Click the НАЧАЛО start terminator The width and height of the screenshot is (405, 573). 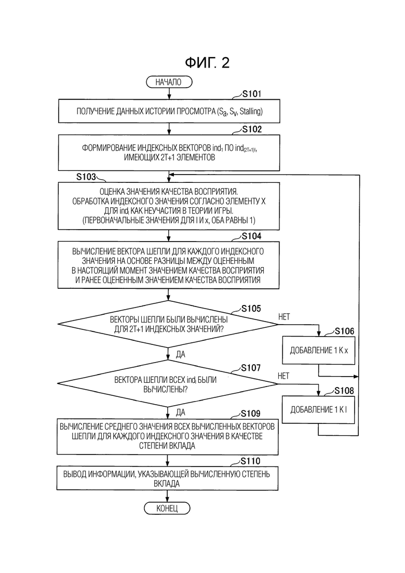[x=169, y=82]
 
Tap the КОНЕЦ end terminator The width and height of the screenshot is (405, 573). [x=167, y=508]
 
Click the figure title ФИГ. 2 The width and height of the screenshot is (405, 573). [x=207, y=63]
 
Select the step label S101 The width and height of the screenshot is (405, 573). [x=252, y=94]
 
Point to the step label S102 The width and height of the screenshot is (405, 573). [x=252, y=129]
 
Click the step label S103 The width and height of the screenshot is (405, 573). [x=86, y=177]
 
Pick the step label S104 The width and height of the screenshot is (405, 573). [x=252, y=236]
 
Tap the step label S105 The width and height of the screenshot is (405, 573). [x=251, y=309]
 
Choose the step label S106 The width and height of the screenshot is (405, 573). [x=344, y=331]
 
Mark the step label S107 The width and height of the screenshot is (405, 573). [x=251, y=368]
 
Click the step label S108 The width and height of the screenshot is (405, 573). [x=344, y=391]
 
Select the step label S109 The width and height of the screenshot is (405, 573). [x=250, y=414]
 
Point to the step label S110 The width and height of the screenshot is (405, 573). [x=250, y=461]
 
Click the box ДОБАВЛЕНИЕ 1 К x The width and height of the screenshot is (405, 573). [x=319, y=350]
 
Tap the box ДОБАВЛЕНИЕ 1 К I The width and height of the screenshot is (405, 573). [x=318, y=410]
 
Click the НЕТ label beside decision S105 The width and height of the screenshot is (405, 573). [x=283, y=317]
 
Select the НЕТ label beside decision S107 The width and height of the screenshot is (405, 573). [x=283, y=376]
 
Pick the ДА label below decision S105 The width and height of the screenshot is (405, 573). [x=180, y=354]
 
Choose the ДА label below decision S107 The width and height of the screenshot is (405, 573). [x=180, y=412]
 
